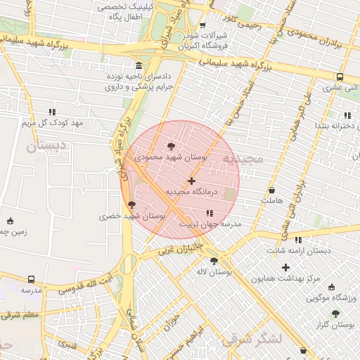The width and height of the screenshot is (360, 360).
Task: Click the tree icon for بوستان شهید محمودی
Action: (x=172, y=146)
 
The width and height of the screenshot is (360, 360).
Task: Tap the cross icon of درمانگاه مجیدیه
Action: (x=191, y=181)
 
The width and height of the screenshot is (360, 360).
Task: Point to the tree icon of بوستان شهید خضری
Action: (x=131, y=205)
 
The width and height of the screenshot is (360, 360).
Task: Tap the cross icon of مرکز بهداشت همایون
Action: (x=285, y=267)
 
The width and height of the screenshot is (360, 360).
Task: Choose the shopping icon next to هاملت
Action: (x=272, y=190)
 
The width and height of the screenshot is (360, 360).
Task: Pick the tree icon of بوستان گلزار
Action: (x=335, y=314)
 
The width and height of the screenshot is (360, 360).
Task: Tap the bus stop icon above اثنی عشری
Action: (x=340, y=77)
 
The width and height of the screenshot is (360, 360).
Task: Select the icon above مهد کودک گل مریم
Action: (x=52, y=112)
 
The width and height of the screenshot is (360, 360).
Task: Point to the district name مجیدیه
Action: (x=243, y=160)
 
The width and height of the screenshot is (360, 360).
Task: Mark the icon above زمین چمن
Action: (x=9, y=221)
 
